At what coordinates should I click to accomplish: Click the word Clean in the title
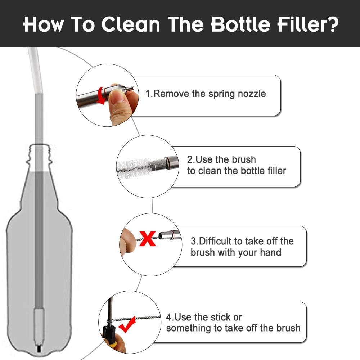coord(131,24)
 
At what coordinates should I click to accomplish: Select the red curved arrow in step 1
coord(100,95)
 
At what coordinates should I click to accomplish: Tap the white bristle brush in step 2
coord(134,169)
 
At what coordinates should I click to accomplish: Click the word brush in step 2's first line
coord(243,159)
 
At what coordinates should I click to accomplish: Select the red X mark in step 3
coord(147,239)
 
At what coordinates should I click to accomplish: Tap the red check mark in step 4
coord(127,324)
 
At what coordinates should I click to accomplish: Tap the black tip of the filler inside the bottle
coord(39,349)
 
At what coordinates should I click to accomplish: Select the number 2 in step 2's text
coord(190,159)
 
